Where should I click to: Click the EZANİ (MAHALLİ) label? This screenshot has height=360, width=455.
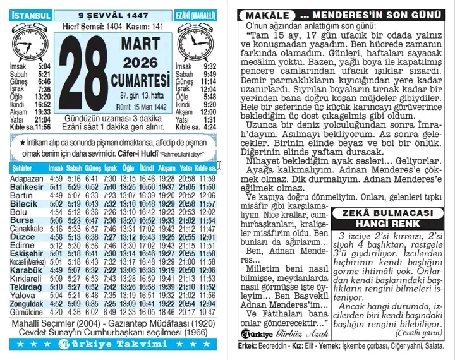point(195,14)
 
